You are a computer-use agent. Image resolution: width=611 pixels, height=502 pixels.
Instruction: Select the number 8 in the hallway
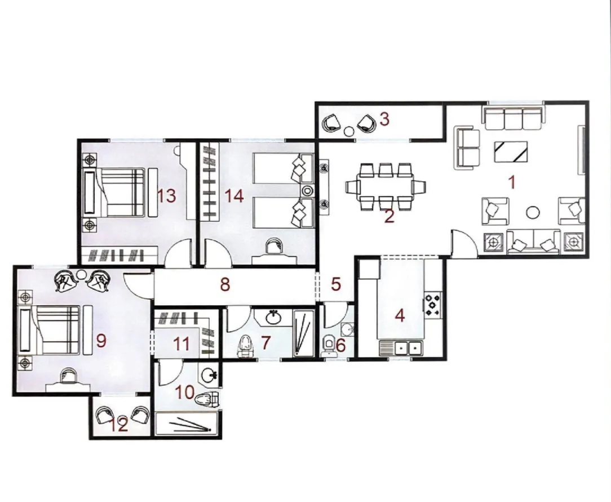click(x=225, y=284)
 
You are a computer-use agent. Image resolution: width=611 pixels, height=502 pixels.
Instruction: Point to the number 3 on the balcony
click(x=384, y=119)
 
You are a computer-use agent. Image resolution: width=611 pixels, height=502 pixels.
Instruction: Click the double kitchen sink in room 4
click(x=401, y=347)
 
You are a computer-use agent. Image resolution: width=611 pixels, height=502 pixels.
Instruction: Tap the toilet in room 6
click(x=328, y=345)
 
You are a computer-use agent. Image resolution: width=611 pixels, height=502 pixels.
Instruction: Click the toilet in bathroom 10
click(x=207, y=400)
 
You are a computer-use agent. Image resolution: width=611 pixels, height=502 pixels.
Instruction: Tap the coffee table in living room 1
click(x=511, y=151)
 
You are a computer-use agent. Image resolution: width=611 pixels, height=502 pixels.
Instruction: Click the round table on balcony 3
click(x=349, y=132)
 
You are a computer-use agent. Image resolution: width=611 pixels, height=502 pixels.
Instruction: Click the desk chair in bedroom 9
click(x=68, y=375)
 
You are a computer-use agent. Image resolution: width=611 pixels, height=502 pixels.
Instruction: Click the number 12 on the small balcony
click(x=119, y=426)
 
